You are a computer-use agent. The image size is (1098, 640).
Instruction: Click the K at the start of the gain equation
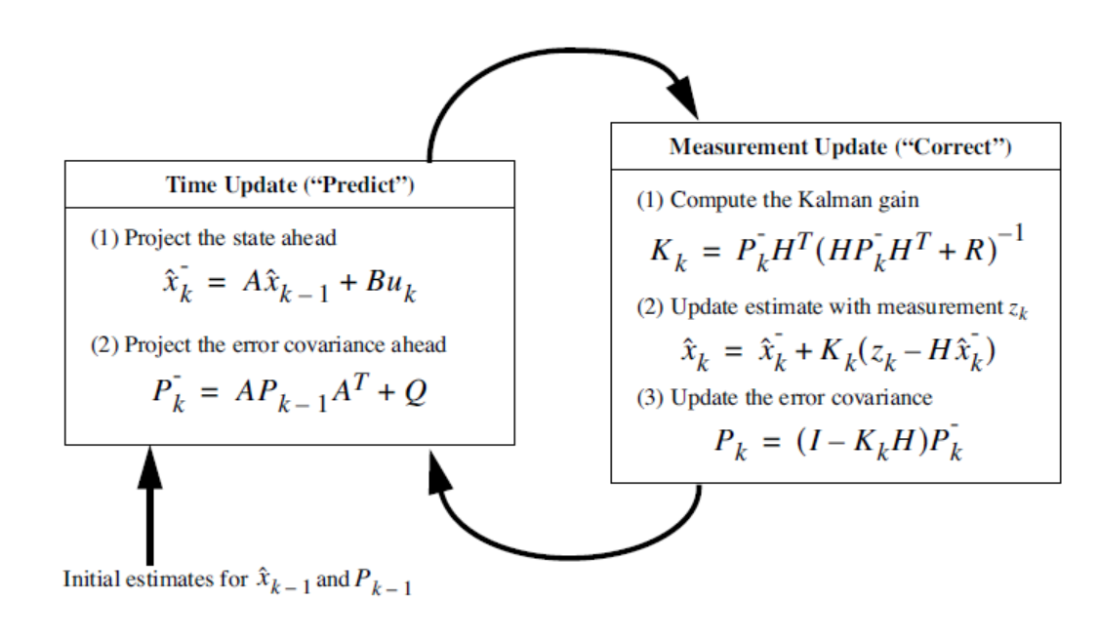[660, 253]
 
